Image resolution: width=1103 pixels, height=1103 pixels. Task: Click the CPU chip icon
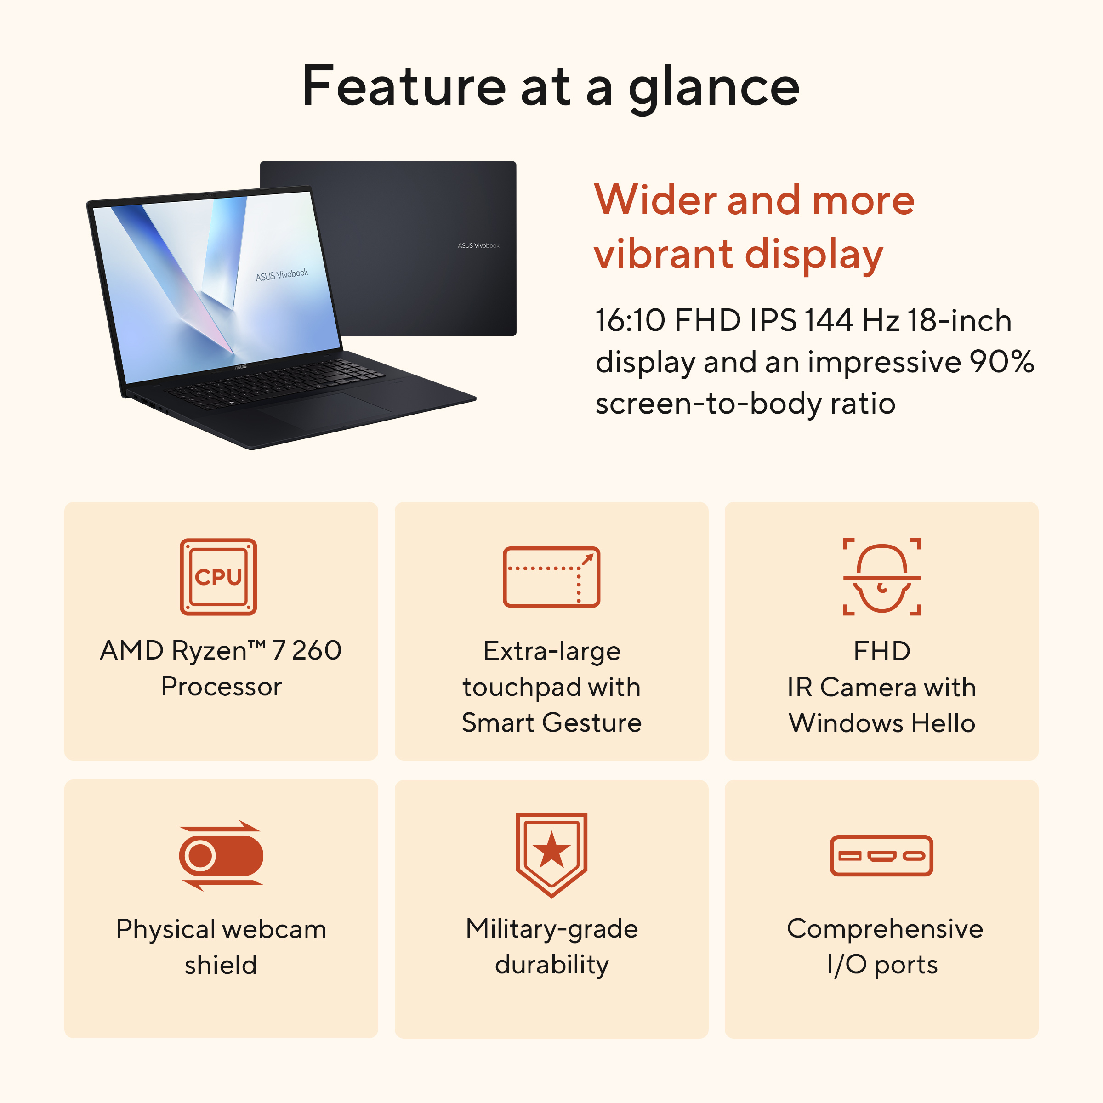click(x=218, y=577)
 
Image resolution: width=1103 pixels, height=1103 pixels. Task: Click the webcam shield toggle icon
click(x=221, y=855)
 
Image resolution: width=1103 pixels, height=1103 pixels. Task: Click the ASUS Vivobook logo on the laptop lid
click(x=478, y=245)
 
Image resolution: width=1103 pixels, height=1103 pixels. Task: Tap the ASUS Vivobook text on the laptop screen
click(x=282, y=275)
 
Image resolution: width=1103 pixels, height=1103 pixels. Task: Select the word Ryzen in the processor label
click(x=209, y=651)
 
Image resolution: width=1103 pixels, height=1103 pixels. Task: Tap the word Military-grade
click(x=551, y=929)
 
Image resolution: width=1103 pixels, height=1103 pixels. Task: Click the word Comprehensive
click(x=885, y=929)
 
